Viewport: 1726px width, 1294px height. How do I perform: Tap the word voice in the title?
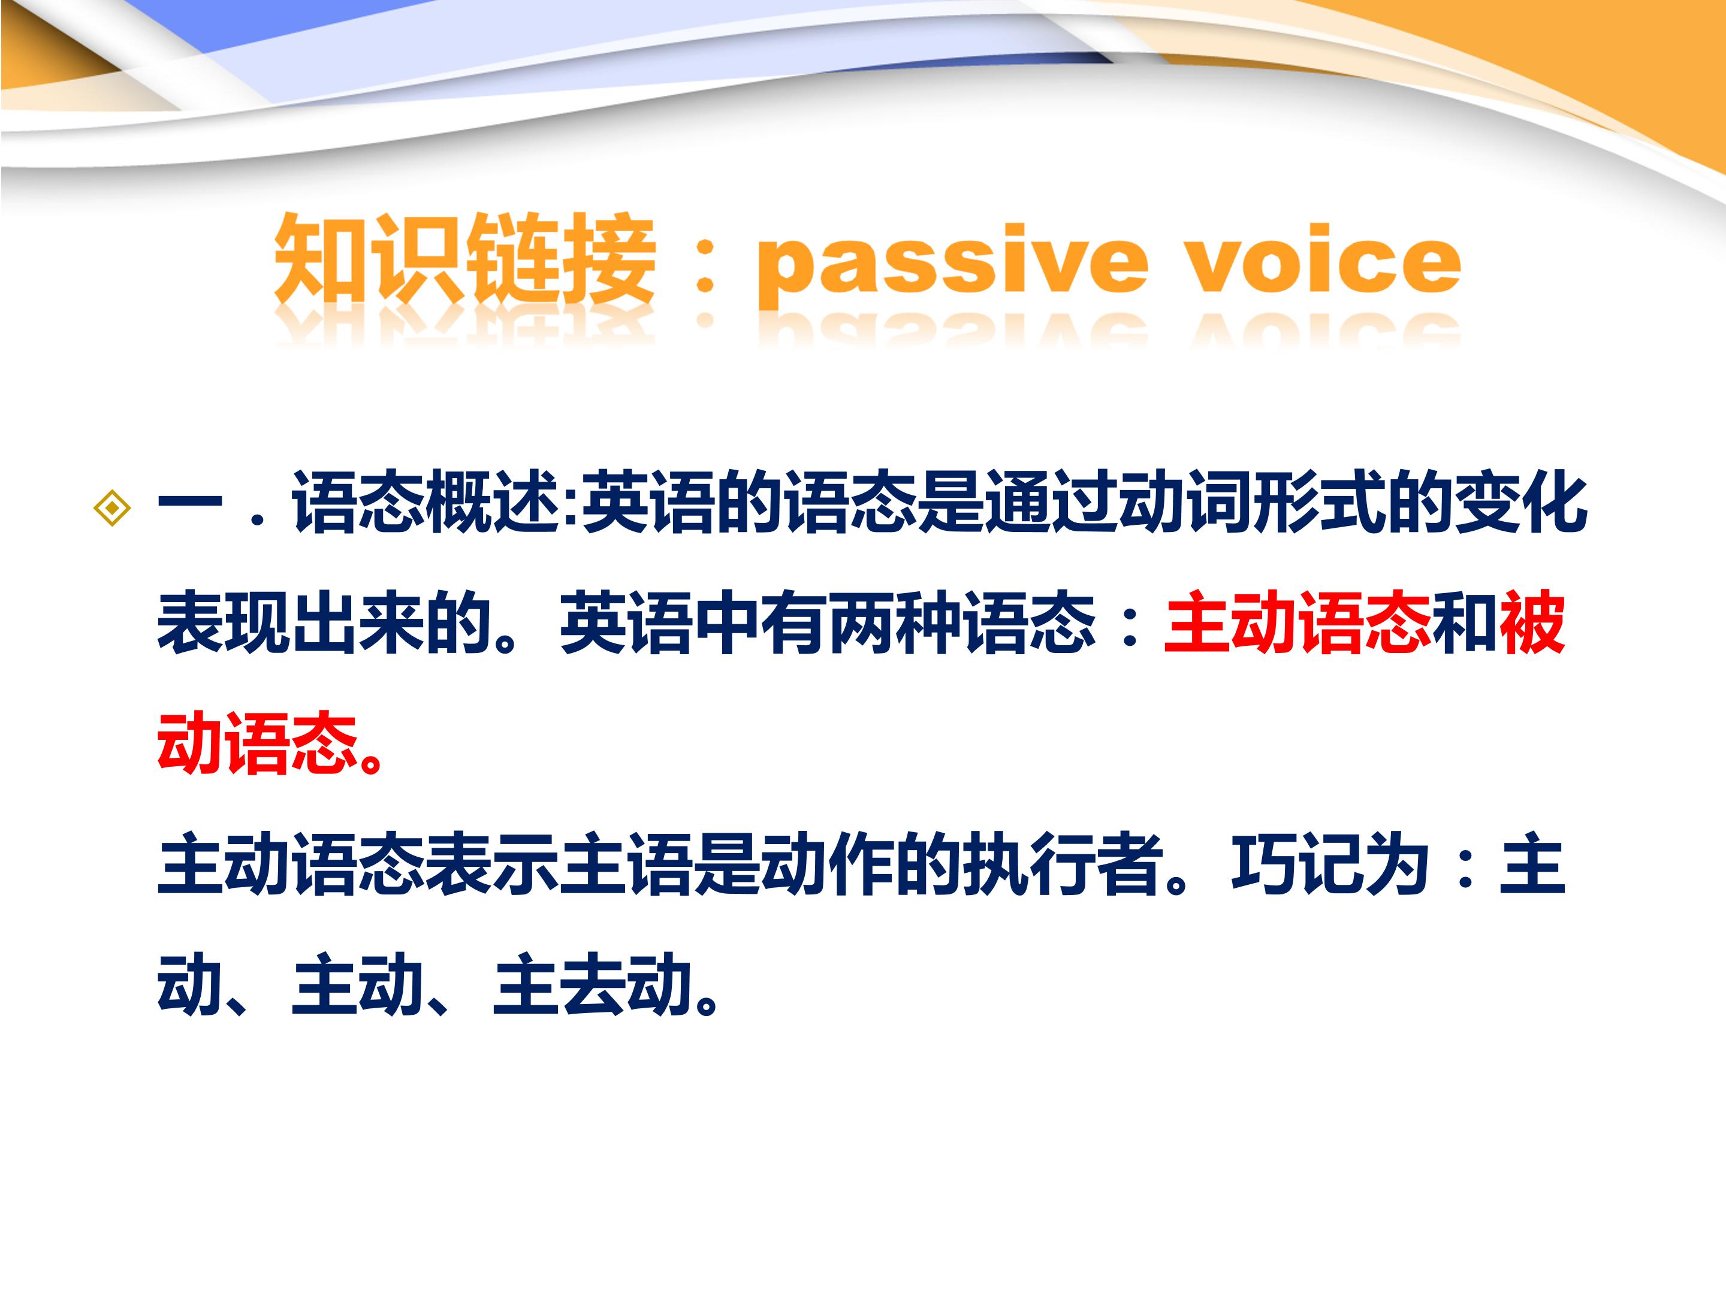1322,261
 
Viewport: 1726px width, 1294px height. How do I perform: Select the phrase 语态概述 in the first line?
426,503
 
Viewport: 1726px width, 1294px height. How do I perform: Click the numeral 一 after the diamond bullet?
189,503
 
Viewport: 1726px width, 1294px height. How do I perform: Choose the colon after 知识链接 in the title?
705,265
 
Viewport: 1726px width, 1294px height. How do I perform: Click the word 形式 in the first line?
1318,503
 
